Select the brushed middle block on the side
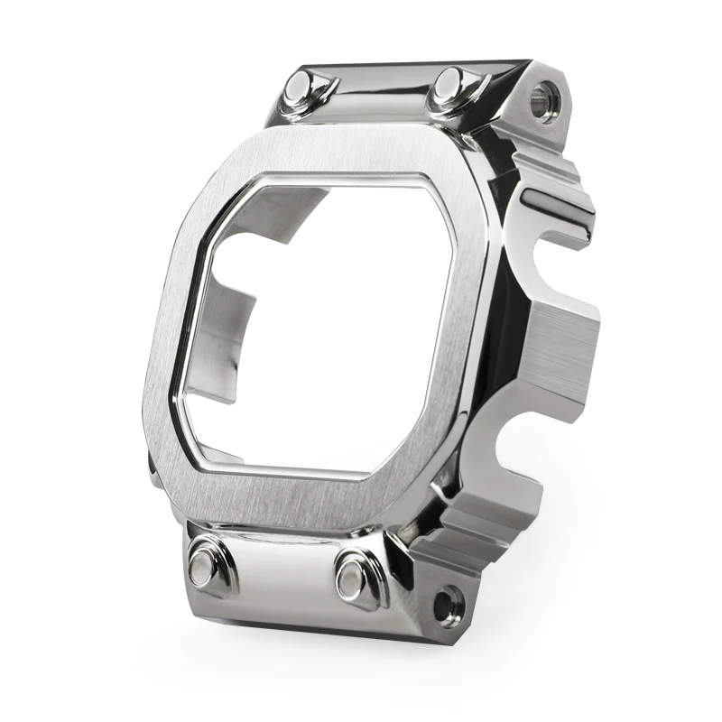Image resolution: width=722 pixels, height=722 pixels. click(x=564, y=352)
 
